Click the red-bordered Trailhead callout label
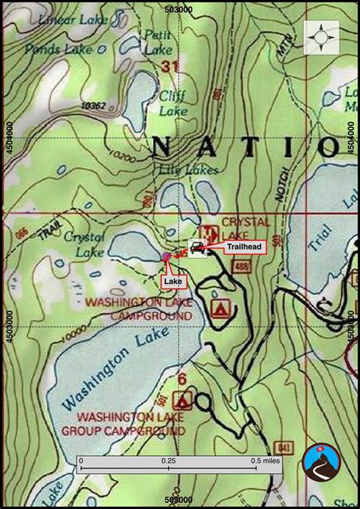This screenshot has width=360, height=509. [x=244, y=246]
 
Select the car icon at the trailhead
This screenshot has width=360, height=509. [x=197, y=247]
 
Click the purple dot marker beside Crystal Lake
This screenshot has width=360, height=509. [x=166, y=257]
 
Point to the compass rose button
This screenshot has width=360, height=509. [x=321, y=37]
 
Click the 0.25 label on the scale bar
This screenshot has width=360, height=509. [x=169, y=460]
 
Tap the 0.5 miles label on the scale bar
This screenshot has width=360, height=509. [x=266, y=460]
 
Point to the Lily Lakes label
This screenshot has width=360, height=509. [x=188, y=169]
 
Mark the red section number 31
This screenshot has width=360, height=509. [x=170, y=67]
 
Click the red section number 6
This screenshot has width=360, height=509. [x=182, y=379]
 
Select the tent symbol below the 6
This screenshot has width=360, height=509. [x=182, y=400]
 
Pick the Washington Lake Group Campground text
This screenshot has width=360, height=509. [x=131, y=424]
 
